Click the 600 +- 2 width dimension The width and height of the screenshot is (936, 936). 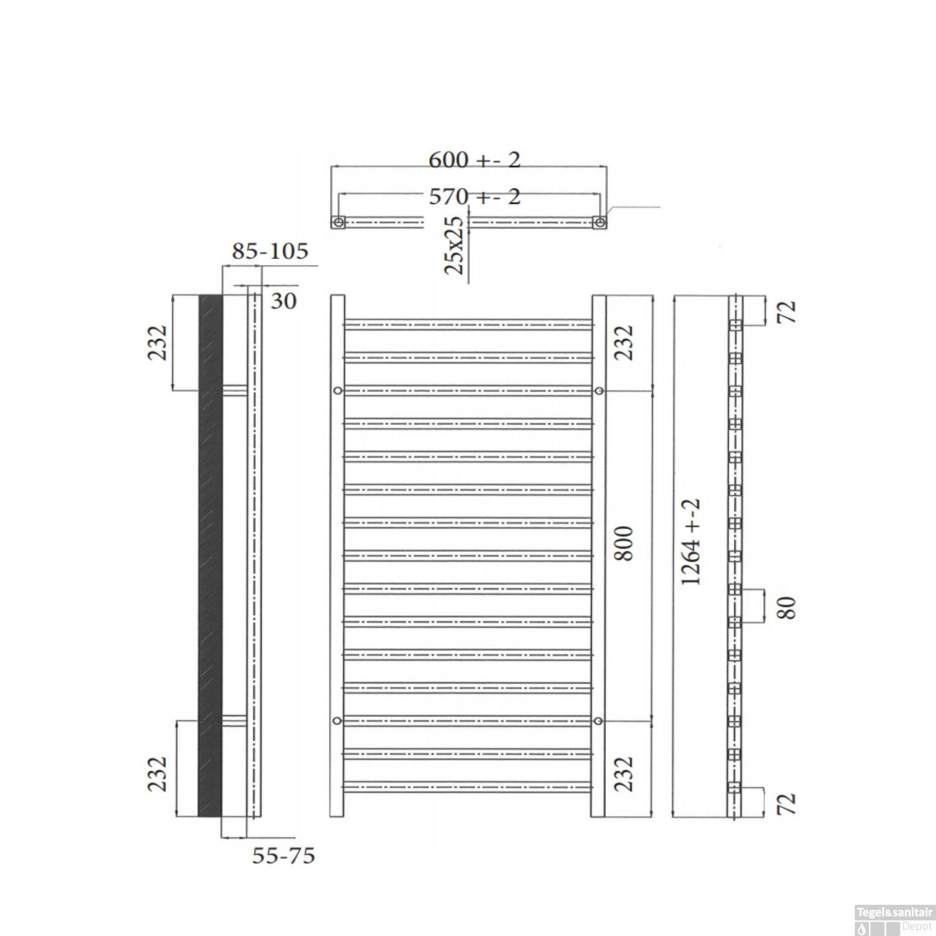click(x=474, y=160)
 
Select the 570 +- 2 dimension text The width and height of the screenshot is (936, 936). click(x=474, y=197)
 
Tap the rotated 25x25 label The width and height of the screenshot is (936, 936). click(x=455, y=245)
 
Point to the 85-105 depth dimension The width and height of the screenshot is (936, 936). click(x=270, y=251)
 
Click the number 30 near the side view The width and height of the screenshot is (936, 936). click(x=283, y=301)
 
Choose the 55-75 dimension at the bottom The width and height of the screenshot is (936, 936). click(x=283, y=856)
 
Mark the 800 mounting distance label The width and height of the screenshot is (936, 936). click(x=625, y=544)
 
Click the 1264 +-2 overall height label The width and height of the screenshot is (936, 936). click(x=691, y=542)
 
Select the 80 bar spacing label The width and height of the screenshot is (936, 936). click(x=787, y=608)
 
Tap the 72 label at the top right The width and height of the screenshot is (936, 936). click(x=789, y=312)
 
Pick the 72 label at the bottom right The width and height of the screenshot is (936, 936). click(x=789, y=804)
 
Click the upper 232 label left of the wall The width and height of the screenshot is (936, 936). click(x=157, y=343)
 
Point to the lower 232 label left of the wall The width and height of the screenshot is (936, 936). click(x=157, y=774)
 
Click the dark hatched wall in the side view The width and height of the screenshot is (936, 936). click(x=210, y=555)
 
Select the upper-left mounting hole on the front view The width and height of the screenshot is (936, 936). click(x=338, y=391)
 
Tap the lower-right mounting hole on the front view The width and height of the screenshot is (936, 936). click(x=598, y=721)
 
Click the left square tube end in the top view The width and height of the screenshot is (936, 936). click(x=338, y=222)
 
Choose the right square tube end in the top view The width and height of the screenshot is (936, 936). click(x=599, y=222)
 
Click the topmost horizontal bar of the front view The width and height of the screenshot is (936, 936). click(x=468, y=324)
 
